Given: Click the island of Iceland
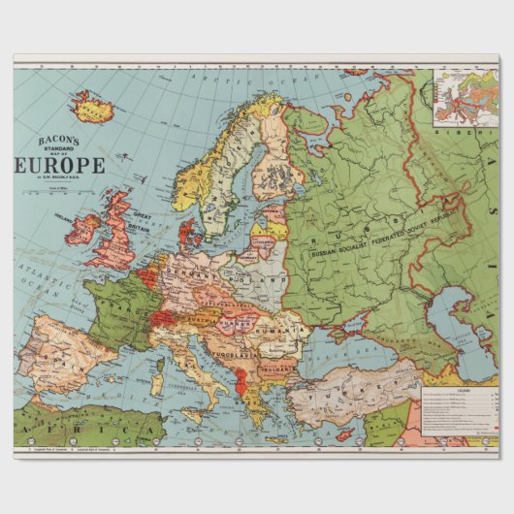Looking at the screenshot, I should (93, 106).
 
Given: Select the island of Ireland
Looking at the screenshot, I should (81, 230).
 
